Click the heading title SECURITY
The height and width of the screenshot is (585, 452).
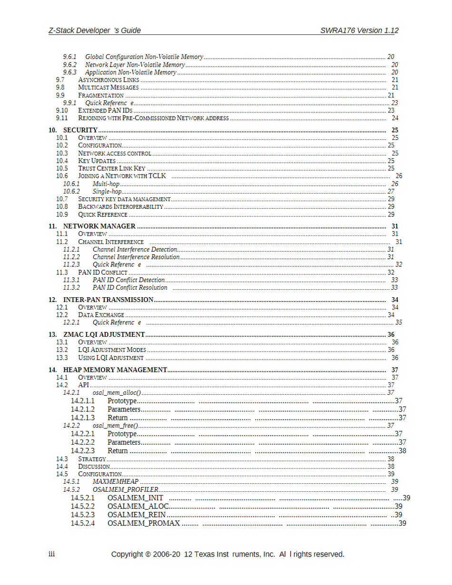pos(80,130)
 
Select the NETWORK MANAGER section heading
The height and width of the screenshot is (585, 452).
pos(99,226)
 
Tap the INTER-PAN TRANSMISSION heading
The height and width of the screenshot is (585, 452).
pos(108,300)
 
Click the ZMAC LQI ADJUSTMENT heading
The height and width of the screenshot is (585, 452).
pos(104,334)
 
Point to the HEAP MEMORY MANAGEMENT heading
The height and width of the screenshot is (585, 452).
pos(115,370)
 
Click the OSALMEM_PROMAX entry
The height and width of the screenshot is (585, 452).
pos(144,523)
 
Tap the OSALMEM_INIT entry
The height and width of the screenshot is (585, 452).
pos(135,497)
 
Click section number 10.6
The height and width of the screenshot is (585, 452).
pos(62,176)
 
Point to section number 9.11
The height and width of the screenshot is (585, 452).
pos(62,118)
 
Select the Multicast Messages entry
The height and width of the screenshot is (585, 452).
pos(108,88)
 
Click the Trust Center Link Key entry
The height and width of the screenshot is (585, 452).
pos(112,168)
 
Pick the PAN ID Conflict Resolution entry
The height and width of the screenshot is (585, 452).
pos(130,287)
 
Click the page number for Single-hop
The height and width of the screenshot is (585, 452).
pos(391,191)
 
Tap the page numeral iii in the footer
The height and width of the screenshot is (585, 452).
pos(52,554)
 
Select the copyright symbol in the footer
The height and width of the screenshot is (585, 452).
pos(148,554)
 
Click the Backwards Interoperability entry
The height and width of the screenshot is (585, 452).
pos(120,206)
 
